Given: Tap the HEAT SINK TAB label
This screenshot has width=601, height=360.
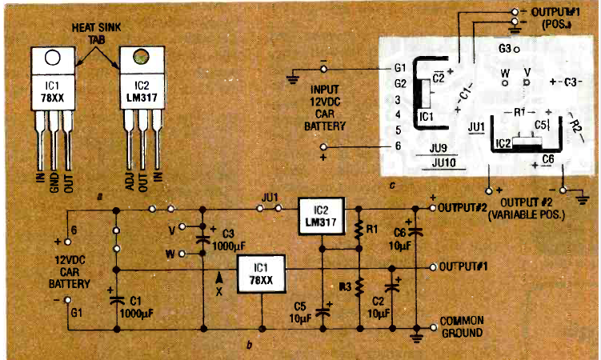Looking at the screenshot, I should pyautogui.click(x=96, y=30).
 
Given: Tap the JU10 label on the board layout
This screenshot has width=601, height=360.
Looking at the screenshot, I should pyautogui.click(x=443, y=162).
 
